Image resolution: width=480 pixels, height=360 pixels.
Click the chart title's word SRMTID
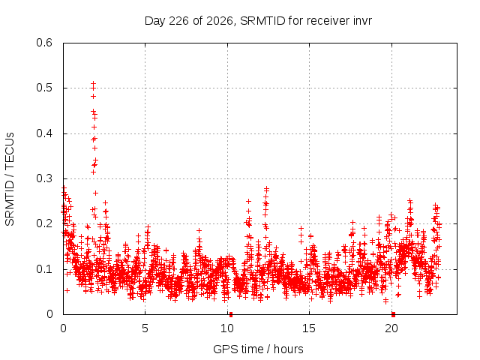[262, 21]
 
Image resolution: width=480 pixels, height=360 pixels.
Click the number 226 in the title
[178, 21]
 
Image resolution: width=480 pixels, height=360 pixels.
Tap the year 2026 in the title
[220, 21]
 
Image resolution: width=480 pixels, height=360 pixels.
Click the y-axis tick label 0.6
[44, 43]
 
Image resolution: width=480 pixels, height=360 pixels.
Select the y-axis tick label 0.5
[44, 88]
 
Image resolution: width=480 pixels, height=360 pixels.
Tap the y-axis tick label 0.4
[44, 133]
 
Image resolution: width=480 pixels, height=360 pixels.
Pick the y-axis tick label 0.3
[44, 178]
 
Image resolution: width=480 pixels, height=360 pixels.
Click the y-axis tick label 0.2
[44, 223]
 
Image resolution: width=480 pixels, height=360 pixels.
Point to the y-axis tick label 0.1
[44, 269]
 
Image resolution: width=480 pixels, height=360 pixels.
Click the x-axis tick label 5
[145, 328]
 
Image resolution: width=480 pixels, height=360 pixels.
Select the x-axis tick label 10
[227, 328]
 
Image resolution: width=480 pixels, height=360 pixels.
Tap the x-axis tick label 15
[309, 328]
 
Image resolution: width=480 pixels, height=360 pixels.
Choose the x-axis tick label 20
[391, 328]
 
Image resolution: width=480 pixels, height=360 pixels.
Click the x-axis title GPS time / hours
[258, 349]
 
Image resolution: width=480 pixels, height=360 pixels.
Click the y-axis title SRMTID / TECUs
[10, 179]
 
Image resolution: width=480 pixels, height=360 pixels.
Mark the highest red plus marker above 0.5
[93, 83]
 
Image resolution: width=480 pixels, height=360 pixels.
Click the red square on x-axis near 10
[231, 315]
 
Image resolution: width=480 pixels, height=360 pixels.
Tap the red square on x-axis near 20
[393, 315]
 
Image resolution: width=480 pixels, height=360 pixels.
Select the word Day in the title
[155, 21]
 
